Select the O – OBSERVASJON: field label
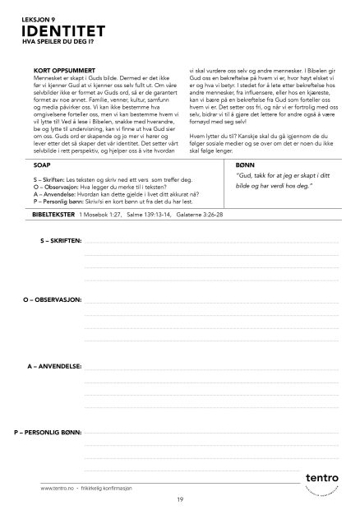(52, 299)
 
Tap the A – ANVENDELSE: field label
(54, 364)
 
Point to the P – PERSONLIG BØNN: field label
(47, 431)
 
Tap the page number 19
(179, 499)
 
